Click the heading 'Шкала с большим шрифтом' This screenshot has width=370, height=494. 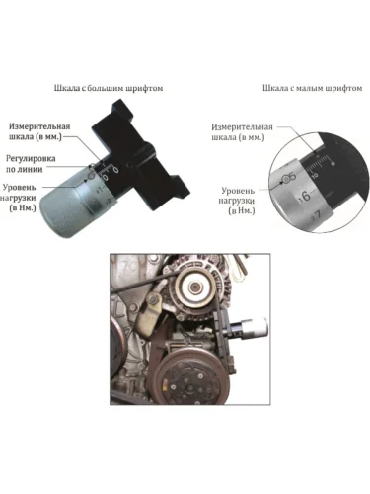pyautogui.click(x=109, y=88)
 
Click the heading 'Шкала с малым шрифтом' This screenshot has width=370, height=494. pyautogui.click(x=313, y=88)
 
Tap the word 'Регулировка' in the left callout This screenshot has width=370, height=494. pyautogui.click(x=31, y=158)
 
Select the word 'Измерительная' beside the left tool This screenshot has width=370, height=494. pyautogui.click(x=39, y=126)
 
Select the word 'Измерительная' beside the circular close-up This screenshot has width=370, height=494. pyautogui.click(x=242, y=127)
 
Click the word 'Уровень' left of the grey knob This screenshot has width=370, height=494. pyautogui.click(x=20, y=187)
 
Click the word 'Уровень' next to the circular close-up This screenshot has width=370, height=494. pyautogui.click(x=238, y=191)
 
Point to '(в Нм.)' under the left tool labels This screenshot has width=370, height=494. pyautogui.click(x=23, y=208)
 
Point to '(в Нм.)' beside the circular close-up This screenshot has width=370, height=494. pyautogui.click(x=242, y=211)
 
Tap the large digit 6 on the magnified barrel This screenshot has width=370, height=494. pyautogui.click(x=306, y=196)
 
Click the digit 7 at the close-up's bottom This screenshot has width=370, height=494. pyautogui.click(x=318, y=215)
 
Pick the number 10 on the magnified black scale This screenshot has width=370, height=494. pyautogui.click(x=315, y=175)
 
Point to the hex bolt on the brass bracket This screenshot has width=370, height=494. pyautogui.click(x=152, y=299)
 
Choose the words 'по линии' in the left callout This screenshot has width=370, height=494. pyautogui.click(x=25, y=170)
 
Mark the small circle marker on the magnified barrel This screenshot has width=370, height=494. pyautogui.click(x=285, y=179)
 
